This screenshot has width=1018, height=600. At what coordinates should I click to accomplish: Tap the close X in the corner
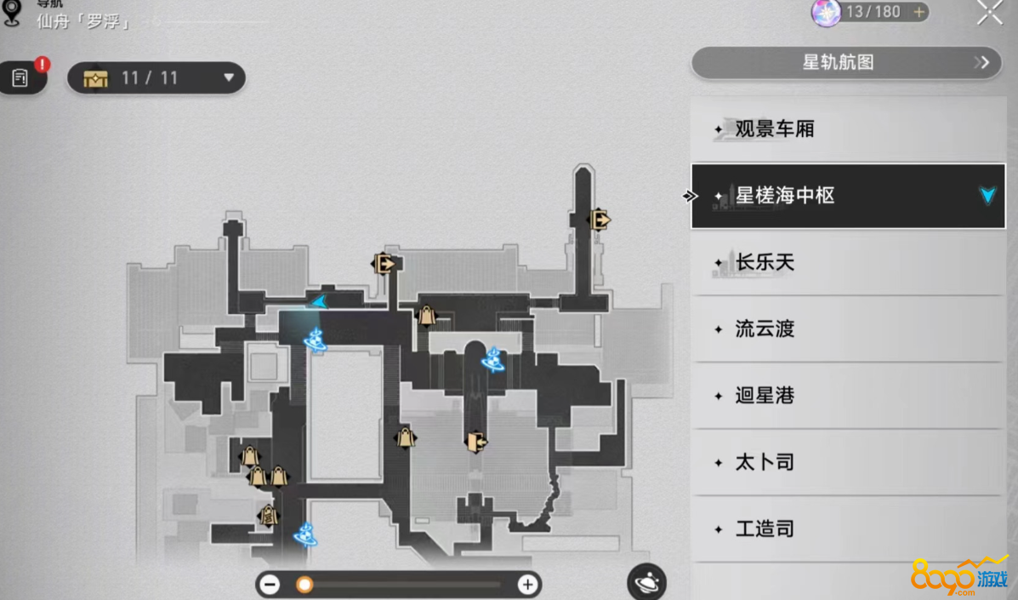990,12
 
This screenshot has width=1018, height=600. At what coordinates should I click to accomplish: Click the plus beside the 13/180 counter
918,12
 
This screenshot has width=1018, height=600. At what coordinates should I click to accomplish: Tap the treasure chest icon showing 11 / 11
96,78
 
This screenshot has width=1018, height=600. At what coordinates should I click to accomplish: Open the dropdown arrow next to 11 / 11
228,78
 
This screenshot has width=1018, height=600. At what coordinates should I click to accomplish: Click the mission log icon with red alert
20,78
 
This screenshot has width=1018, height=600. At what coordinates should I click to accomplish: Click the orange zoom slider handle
304,585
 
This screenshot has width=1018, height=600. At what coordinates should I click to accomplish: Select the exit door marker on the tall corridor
600,220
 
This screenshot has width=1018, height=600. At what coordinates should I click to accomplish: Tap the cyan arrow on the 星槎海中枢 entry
987,196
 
